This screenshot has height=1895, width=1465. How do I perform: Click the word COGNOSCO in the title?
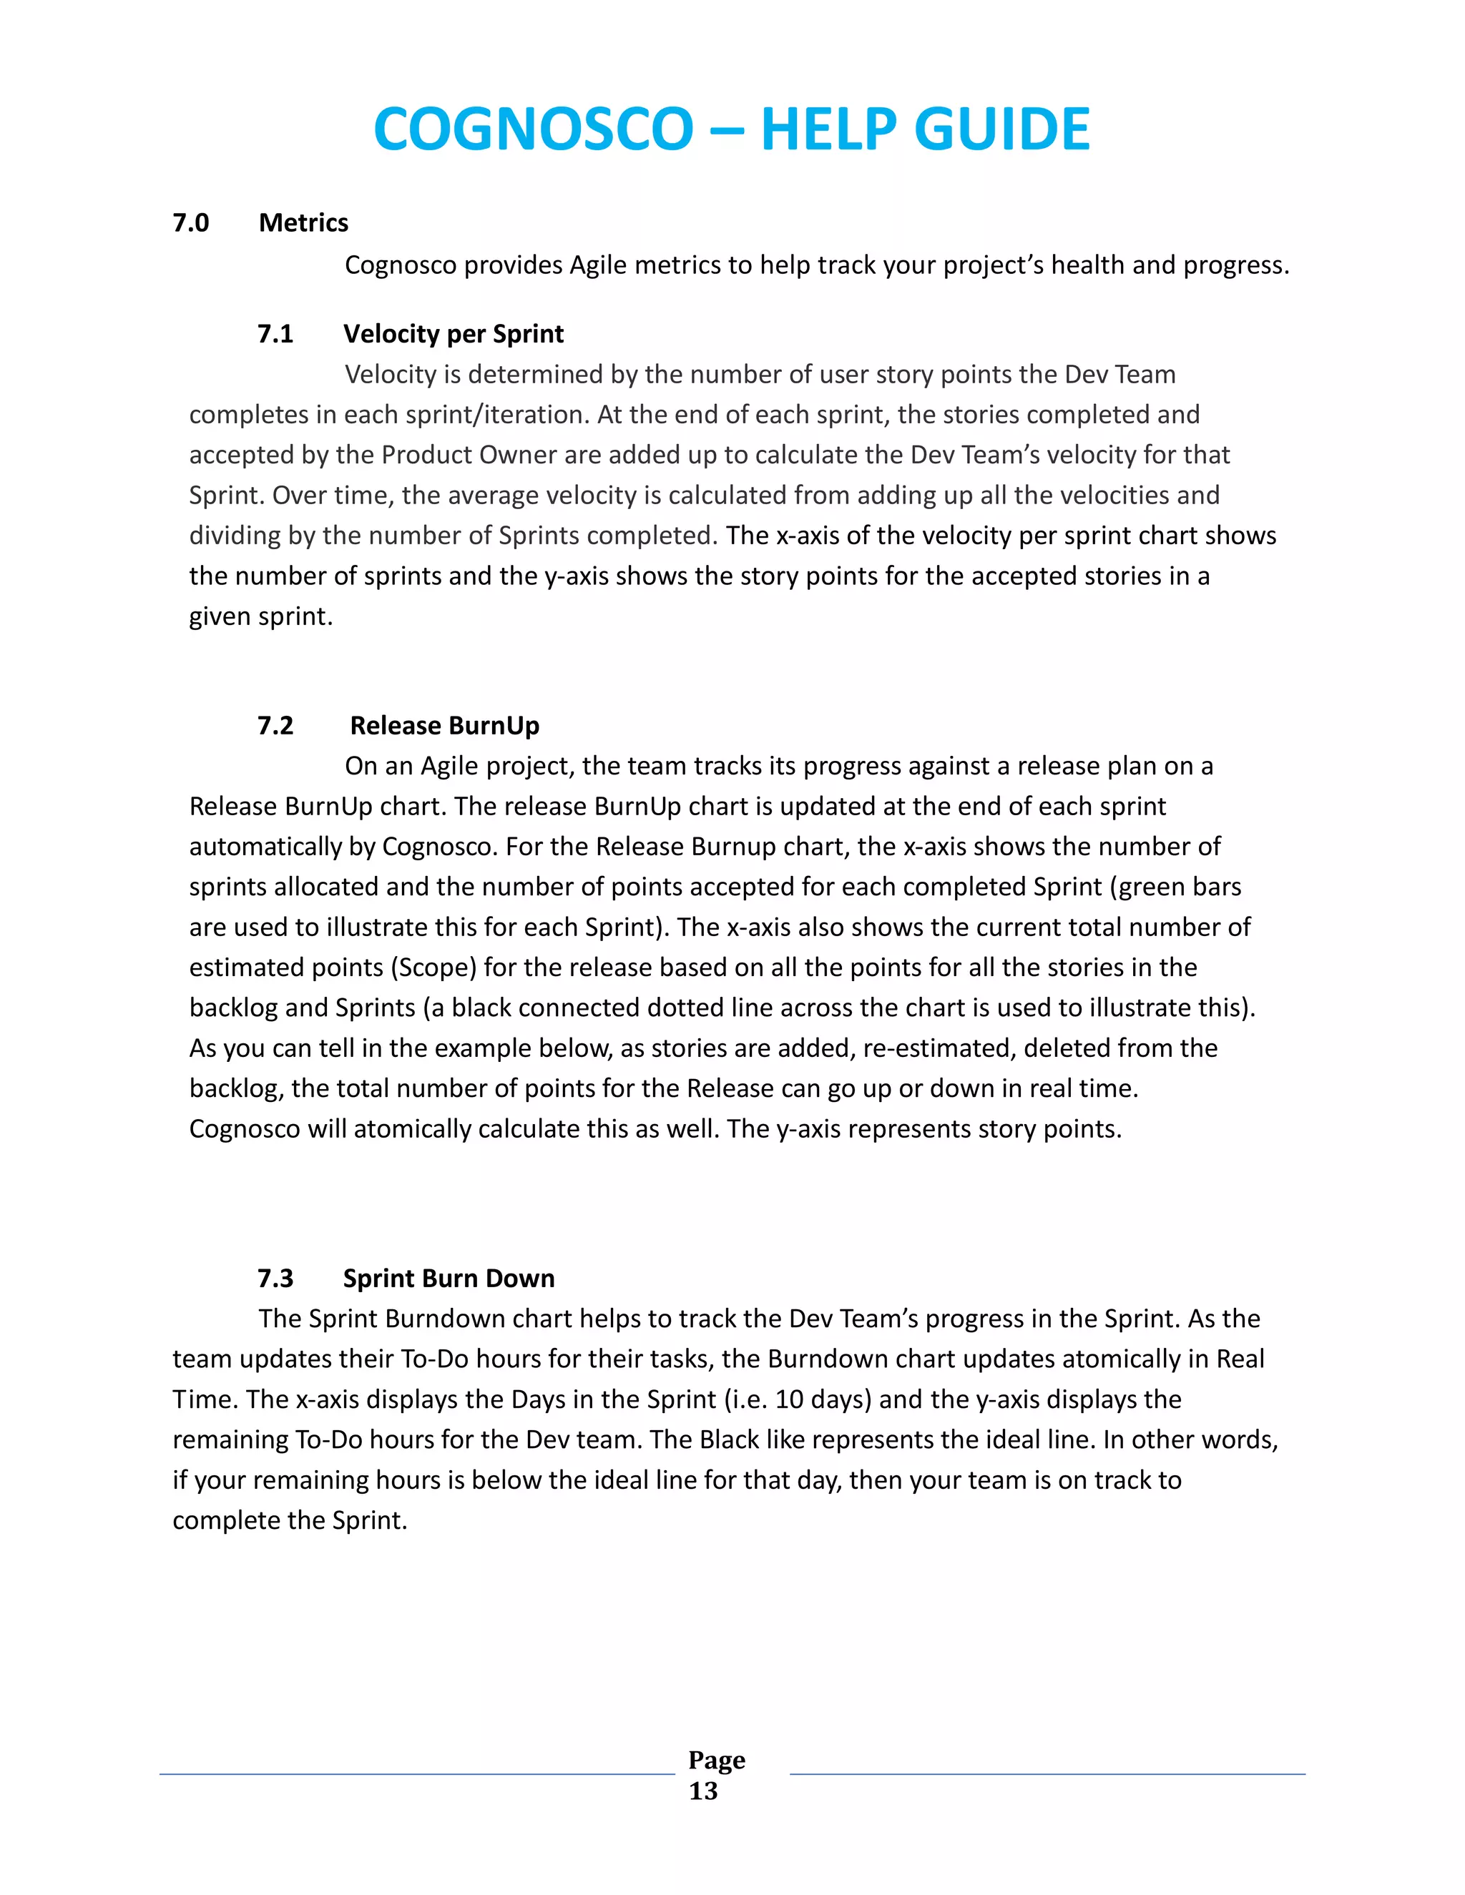(x=533, y=130)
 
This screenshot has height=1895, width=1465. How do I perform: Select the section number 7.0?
(x=190, y=223)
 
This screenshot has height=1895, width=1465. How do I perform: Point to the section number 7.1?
(x=275, y=334)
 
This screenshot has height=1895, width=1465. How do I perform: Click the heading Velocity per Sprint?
(x=453, y=334)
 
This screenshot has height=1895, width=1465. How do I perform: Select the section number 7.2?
(x=275, y=725)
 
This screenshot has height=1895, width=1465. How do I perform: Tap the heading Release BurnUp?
(x=444, y=725)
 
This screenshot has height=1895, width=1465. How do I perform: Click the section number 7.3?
(x=275, y=1278)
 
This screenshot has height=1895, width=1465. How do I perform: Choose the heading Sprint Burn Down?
(x=449, y=1278)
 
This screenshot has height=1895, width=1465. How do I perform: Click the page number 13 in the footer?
(x=703, y=1791)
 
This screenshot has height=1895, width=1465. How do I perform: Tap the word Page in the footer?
(x=716, y=1760)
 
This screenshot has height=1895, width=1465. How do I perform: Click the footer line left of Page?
(x=416, y=1774)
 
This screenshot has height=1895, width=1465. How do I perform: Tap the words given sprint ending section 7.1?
(x=260, y=617)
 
